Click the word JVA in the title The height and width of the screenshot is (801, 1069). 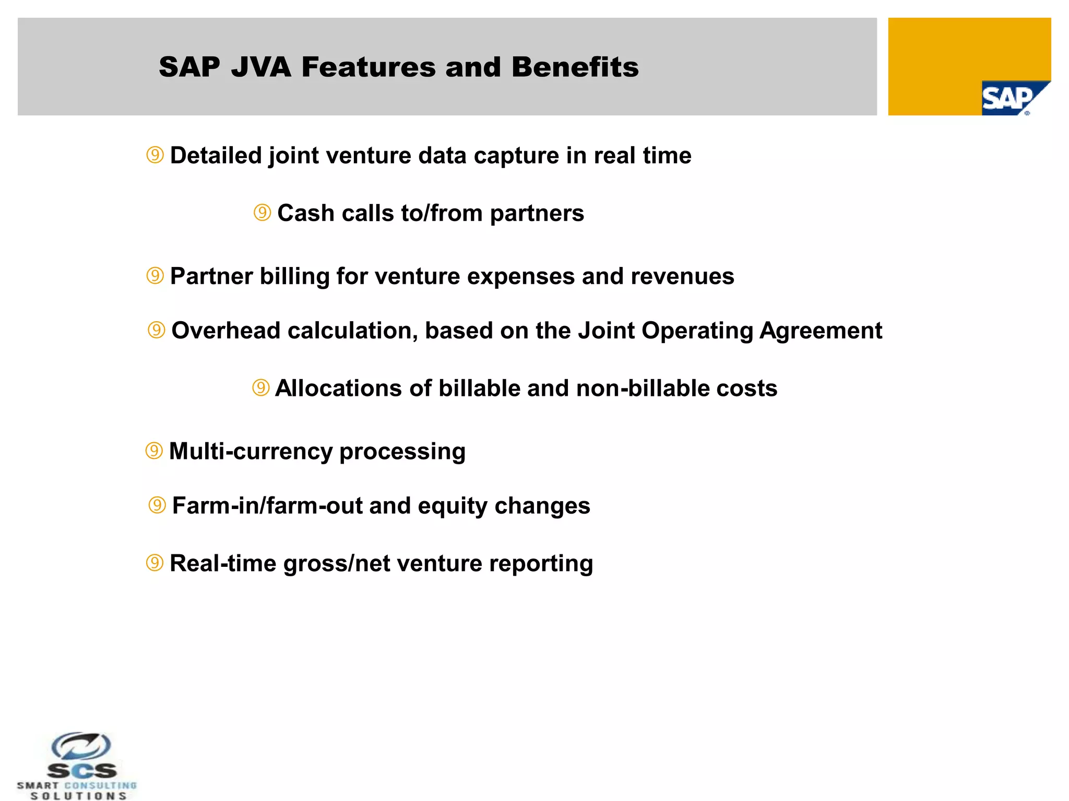261,67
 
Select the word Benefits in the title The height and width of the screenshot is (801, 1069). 575,67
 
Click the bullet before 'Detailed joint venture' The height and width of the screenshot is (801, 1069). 155,155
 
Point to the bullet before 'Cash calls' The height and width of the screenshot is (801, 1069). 262,212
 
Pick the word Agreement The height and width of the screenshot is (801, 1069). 821,331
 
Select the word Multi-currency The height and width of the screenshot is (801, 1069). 251,452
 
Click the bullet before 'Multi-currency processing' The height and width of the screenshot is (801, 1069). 154,451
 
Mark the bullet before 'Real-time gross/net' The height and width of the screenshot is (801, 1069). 155,563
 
